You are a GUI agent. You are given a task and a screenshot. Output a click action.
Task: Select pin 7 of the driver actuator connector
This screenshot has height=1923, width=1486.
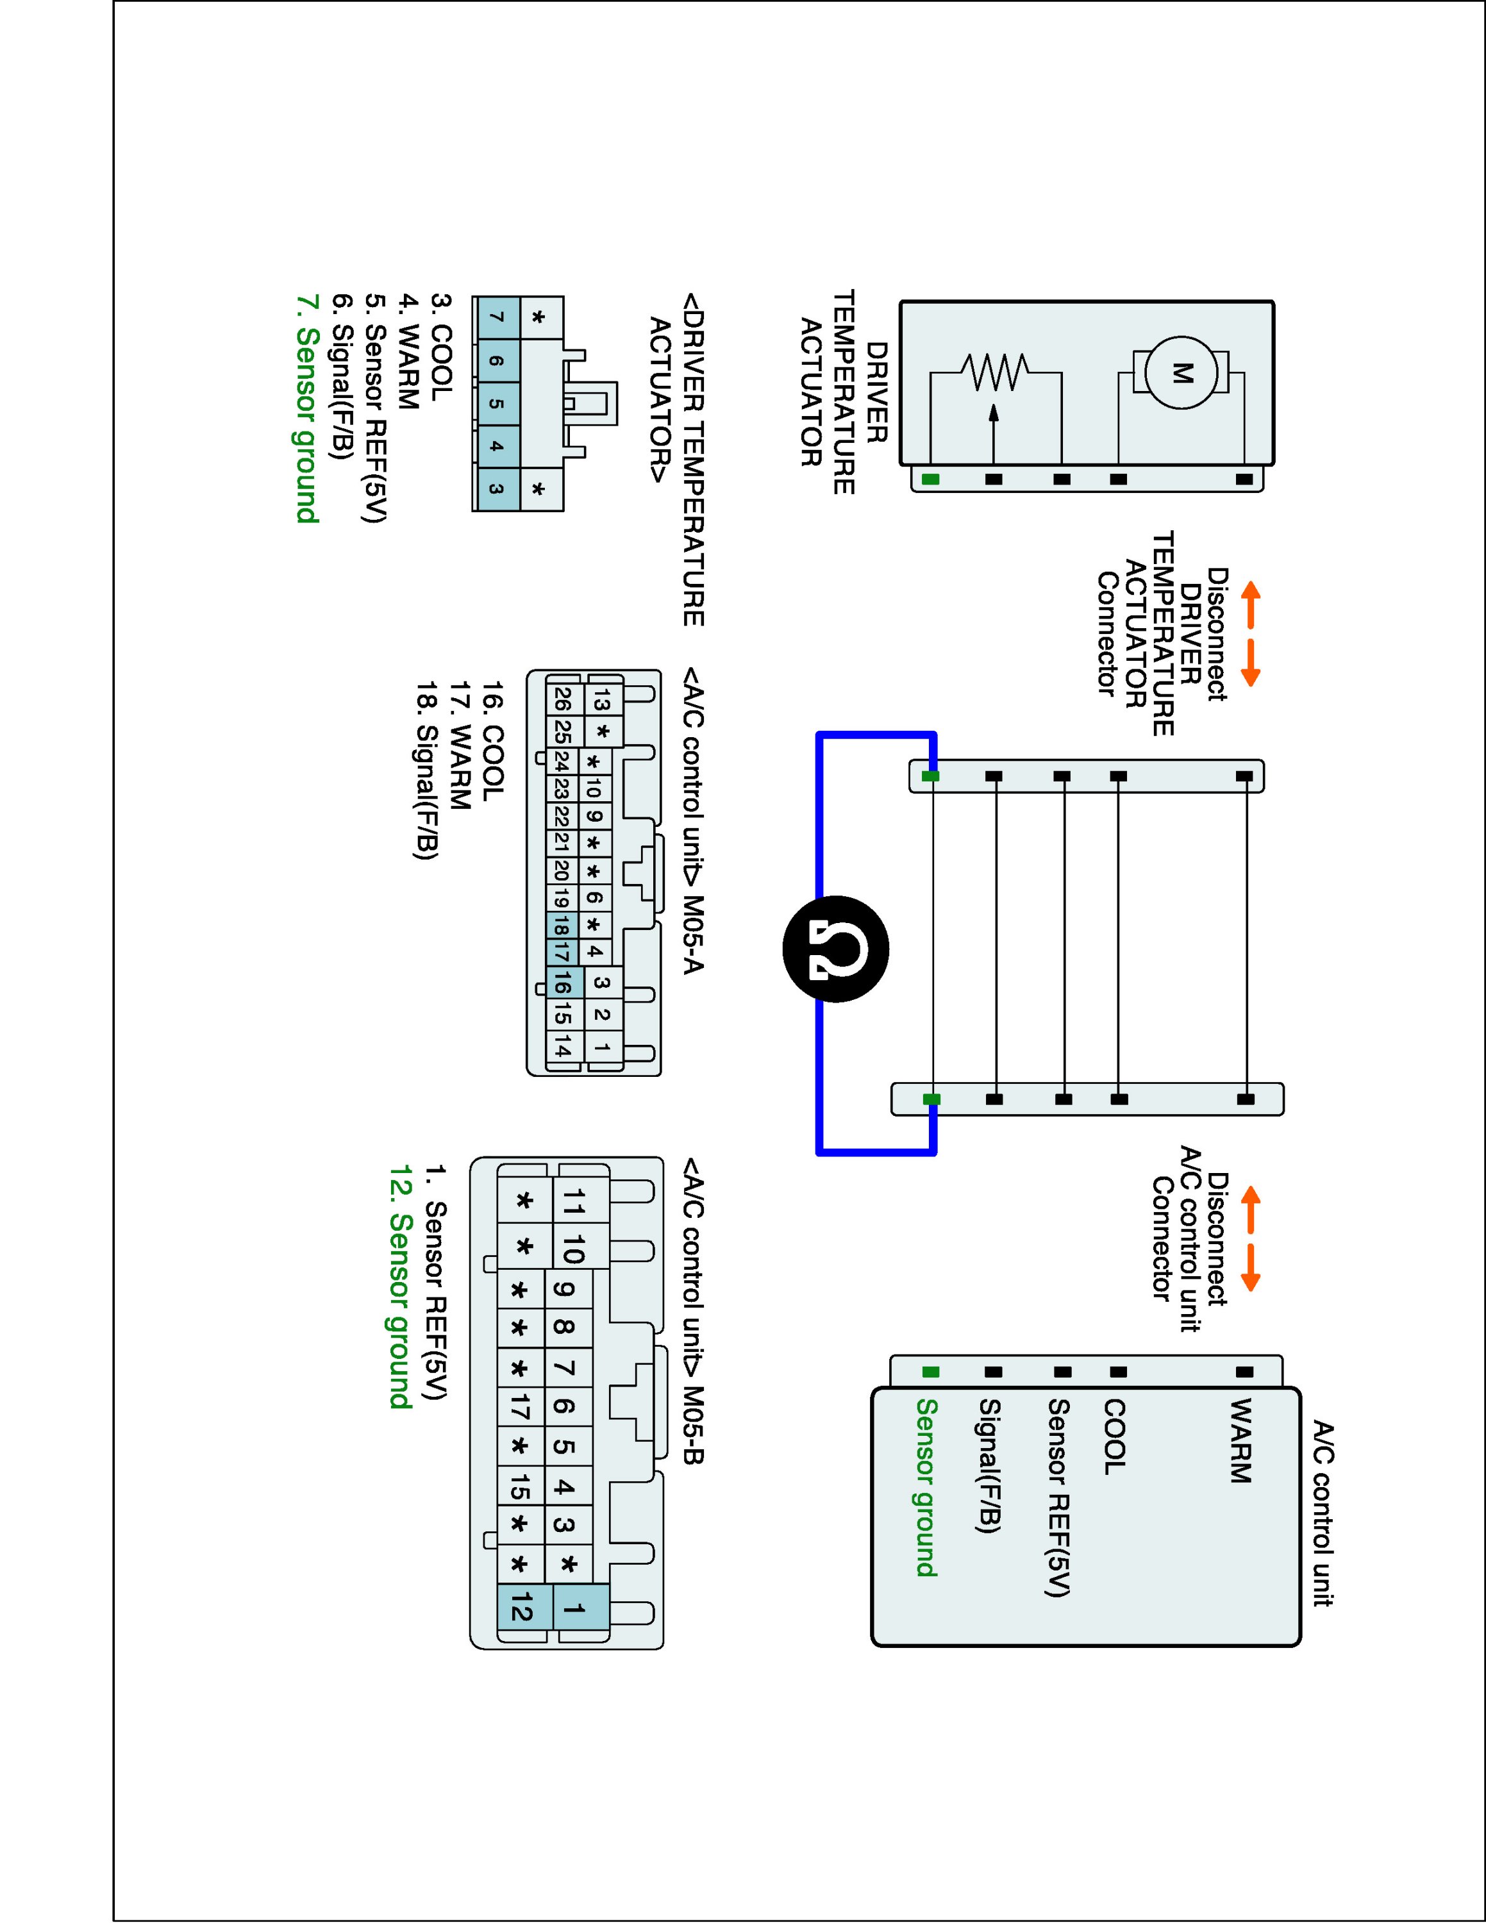496,318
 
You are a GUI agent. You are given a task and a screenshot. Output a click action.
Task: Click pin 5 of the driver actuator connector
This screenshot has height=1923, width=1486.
496,404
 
